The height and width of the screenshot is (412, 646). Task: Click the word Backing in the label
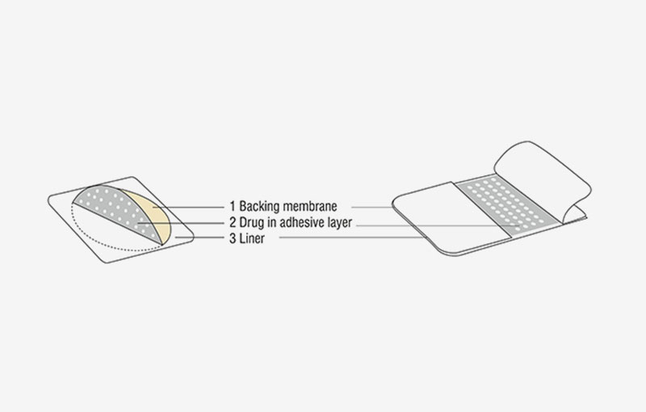point(259,207)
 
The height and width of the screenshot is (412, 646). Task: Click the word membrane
point(310,206)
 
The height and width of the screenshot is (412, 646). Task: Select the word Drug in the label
point(252,223)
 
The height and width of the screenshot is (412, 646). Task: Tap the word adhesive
point(299,222)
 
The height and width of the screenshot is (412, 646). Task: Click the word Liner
point(252,238)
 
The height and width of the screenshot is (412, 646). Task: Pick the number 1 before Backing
point(233,206)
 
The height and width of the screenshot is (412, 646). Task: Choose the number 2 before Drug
point(233,222)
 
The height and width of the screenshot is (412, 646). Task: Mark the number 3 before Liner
point(233,238)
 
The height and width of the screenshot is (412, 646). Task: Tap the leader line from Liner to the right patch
point(351,238)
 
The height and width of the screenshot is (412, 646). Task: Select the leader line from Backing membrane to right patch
point(372,208)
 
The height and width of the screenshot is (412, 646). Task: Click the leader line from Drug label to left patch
point(182,223)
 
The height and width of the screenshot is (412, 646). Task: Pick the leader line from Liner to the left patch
point(200,238)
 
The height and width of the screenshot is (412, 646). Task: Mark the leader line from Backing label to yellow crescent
point(189,208)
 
